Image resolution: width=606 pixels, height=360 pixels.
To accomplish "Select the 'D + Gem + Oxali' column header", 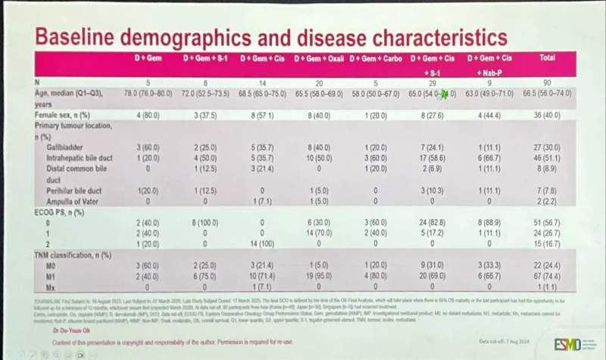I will pyautogui.click(x=320, y=58).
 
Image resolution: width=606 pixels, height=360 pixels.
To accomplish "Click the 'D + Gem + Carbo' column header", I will pyautogui.click(x=376, y=58).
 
